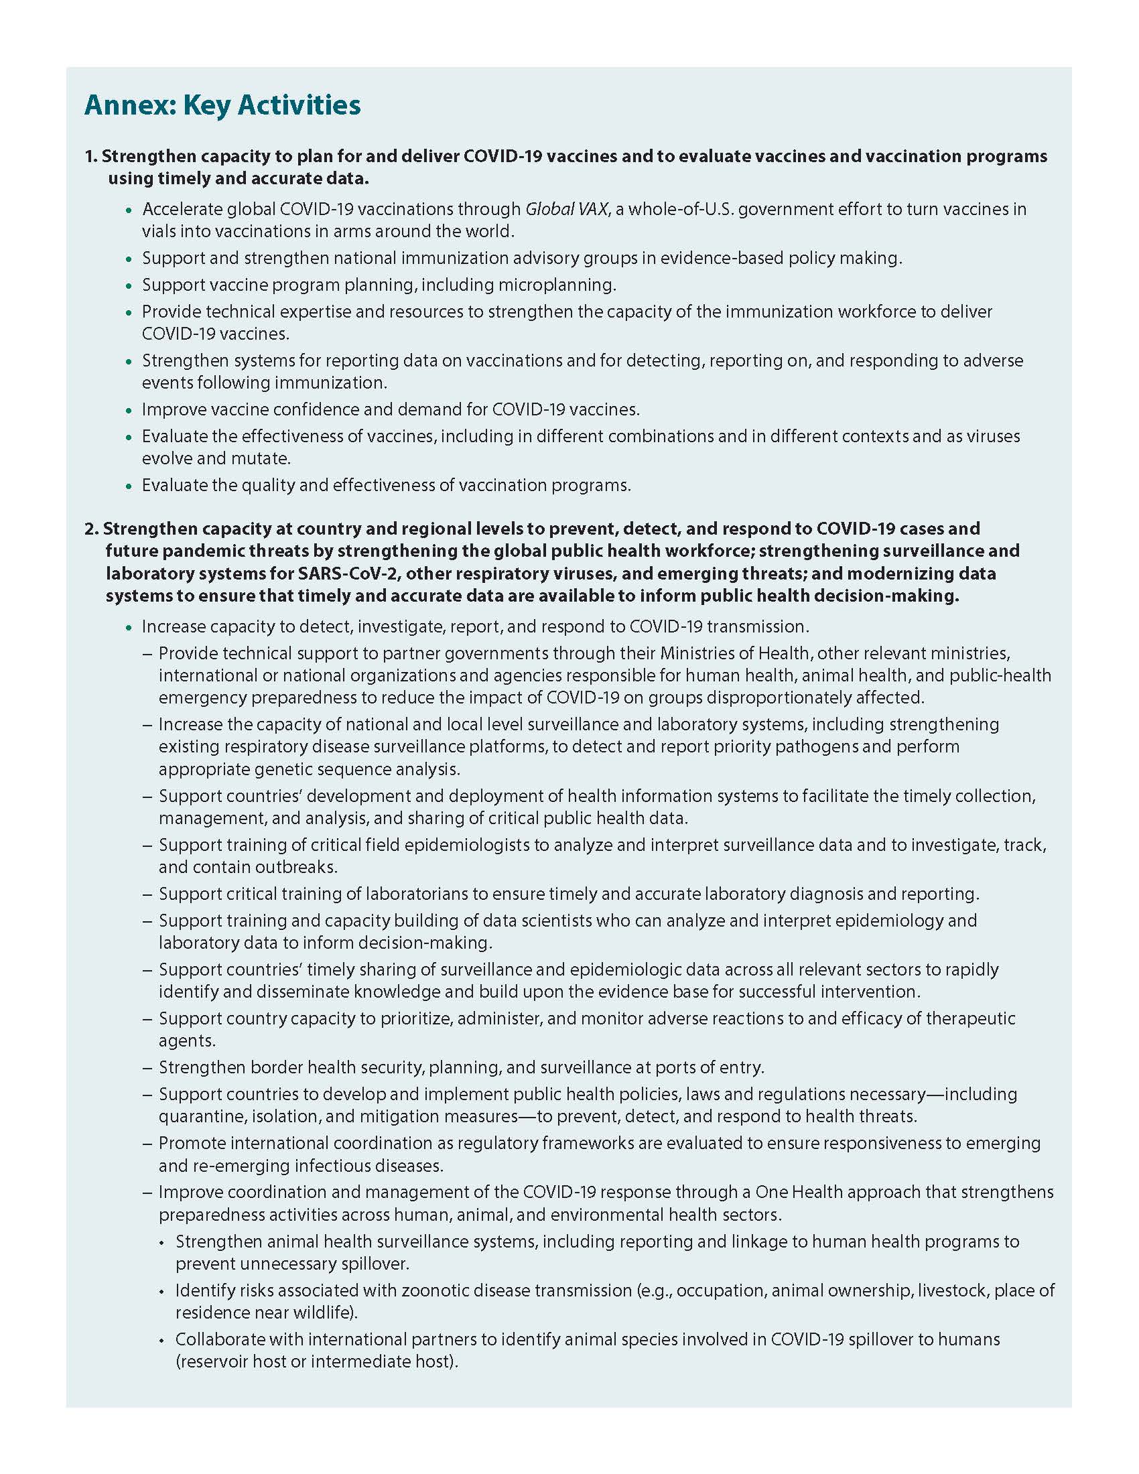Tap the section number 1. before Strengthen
coord(91,157)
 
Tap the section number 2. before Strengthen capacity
coord(92,529)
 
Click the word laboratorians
coord(416,894)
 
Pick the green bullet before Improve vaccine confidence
coord(129,410)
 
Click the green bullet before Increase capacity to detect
coord(129,628)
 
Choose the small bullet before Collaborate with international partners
coord(161,1341)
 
